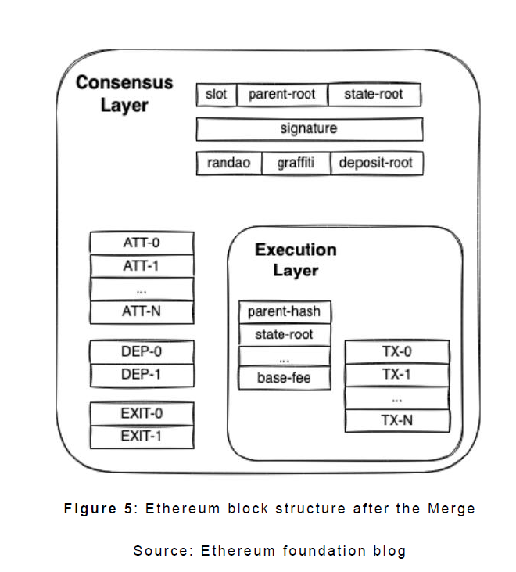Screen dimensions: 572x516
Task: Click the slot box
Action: pyautogui.click(x=216, y=95)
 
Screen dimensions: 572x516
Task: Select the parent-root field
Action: pyautogui.click(x=281, y=95)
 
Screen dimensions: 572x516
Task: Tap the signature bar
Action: pyautogui.click(x=309, y=128)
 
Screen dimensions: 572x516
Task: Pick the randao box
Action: pyautogui.click(x=229, y=163)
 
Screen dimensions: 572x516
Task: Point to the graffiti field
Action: pyautogui.click(x=296, y=163)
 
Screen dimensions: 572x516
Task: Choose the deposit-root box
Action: pyautogui.click(x=376, y=163)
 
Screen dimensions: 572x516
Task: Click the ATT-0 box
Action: pyautogui.click(x=142, y=243)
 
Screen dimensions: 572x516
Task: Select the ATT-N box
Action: pyautogui.click(x=142, y=311)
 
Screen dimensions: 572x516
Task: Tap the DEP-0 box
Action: pyautogui.click(x=142, y=352)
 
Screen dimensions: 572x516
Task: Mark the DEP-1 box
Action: pyautogui.click(x=142, y=375)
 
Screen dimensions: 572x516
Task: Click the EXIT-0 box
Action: pyautogui.click(x=142, y=413)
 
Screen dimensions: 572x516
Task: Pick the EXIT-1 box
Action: pyautogui.click(x=142, y=436)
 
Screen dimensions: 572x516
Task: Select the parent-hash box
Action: pyautogui.click(x=284, y=311)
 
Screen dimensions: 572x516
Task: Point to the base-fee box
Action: pyautogui.click(x=284, y=379)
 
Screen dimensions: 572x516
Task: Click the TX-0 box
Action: pyautogui.click(x=397, y=351)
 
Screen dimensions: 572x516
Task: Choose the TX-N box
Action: pyautogui.click(x=397, y=419)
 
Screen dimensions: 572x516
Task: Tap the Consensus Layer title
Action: pyautogui.click(x=124, y=93)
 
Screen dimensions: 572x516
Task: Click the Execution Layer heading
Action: pyautogui.click(x=296, y=260)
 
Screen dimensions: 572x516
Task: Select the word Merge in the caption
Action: pyautogui.click(x=451, y=509)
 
